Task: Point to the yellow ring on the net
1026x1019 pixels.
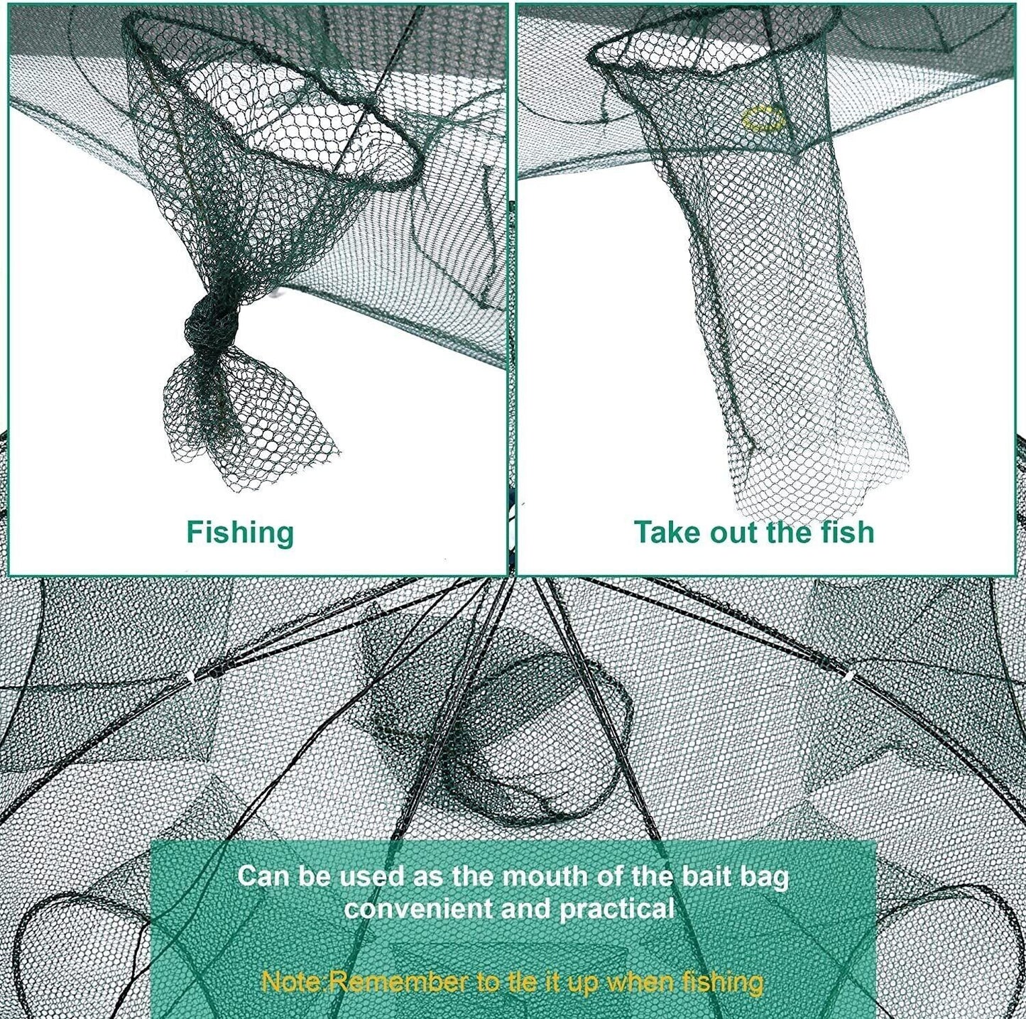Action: coord(761,120)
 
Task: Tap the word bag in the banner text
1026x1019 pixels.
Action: coord(767,877)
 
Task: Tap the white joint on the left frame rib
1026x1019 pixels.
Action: coord(190,679)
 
